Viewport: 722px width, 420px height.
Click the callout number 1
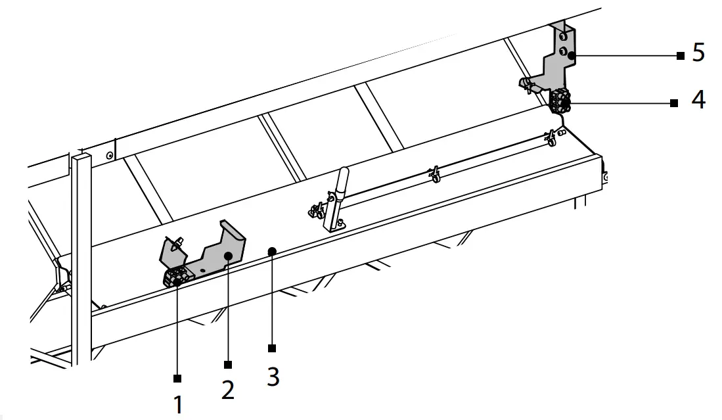pyautogui.click(x=177, y=404)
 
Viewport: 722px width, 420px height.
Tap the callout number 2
pyautogui.click(x=227, y=389)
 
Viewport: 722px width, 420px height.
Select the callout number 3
pyautogui.click(x=273, y=376)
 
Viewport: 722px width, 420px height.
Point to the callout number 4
pyautogui.click(x=698, y=100)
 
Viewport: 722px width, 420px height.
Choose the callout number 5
pyautogui.click(x=698, y=53)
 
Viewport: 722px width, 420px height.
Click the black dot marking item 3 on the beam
pyautogui.click(x=271, y=250)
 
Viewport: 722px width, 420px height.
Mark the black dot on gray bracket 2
pyautogui.click(x=227, y=255)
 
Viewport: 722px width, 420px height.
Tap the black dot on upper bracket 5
pyautogui.click(x=572, y=56)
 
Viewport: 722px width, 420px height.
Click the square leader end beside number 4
pyautogui.click(x=673, y=103)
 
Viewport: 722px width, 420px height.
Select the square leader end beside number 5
pyautogui.click(x=680, y=56)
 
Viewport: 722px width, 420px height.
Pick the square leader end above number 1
pyautogui.click(x=177, y=378)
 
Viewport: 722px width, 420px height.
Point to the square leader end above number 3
pyautogui.click(x=271, y=348)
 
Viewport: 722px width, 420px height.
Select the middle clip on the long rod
pyautogui.click(x=433, y=174)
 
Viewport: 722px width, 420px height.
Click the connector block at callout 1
pyautogui.click(x=176, y=278)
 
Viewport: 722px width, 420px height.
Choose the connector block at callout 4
pyautogui.click(x=560, y=100)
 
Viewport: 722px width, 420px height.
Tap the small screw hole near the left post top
pyautogui.click(x=109, y=156)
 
